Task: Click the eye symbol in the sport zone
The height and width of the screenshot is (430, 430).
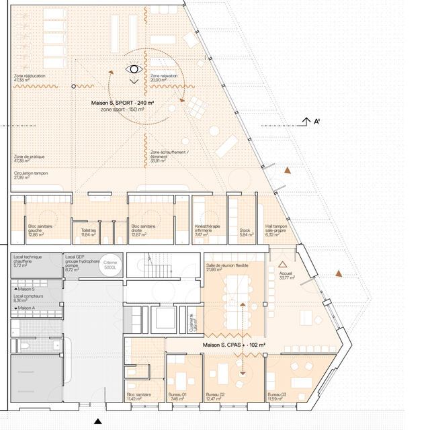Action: click(134, 69)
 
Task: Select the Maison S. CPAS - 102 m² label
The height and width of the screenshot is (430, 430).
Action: click(234, 344)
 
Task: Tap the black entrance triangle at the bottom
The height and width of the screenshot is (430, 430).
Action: click(98, 421)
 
